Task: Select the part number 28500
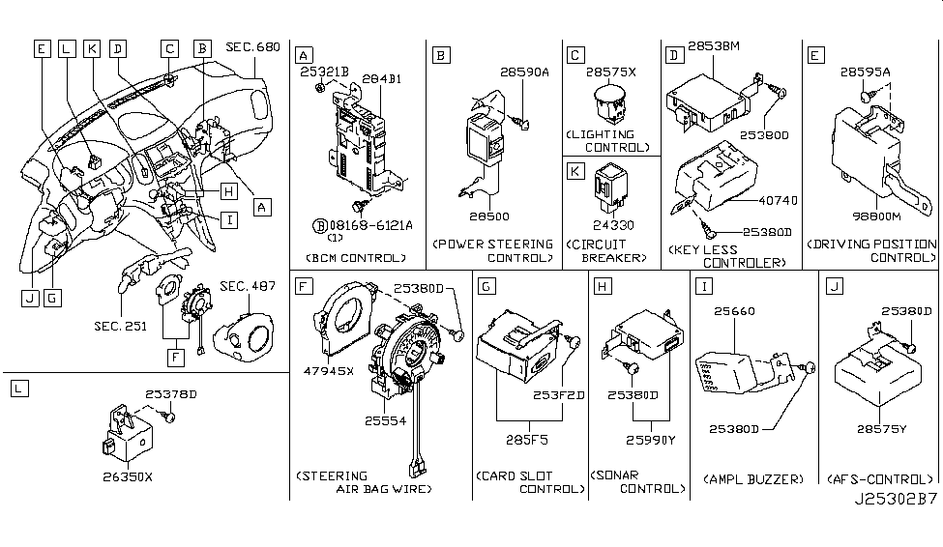[x=491, y=217]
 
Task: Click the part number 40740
[x=764, y=200]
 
